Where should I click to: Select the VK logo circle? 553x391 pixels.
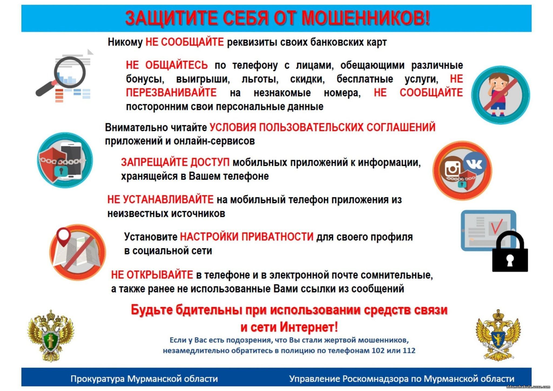tap(474, 164)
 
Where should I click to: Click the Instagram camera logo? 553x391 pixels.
tap(453, 169)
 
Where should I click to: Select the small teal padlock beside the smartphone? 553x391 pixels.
tap(61, 171)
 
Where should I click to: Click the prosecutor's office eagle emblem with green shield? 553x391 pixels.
tap(50, 336)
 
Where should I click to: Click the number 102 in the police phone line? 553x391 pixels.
tap(378, 350)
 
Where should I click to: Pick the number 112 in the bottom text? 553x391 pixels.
tap(409, 350)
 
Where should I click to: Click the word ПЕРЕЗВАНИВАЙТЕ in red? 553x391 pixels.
tap(171, 93)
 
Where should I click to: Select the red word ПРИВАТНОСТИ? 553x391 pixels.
tap(277, 237)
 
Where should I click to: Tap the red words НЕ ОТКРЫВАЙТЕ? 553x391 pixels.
tap(152, 275)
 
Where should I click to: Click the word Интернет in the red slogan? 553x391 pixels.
tap(309, 327)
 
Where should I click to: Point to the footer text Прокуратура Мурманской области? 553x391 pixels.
tap(144, 379)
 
